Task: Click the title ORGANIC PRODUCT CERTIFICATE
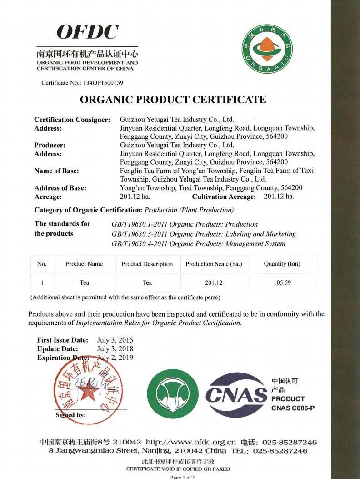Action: pos(173,100)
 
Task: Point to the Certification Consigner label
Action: pos(72,120)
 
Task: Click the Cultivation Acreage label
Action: pos(224,197)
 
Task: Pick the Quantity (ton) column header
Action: pos(282,264)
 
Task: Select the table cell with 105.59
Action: pos(282,282)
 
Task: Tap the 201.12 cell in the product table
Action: pos(214,282)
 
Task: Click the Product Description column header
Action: pos(147,264)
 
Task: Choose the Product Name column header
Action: pos(84,264)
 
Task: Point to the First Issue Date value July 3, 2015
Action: pos(115,340)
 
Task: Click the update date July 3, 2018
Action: pos(115,349)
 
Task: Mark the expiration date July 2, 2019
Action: pos(116,358)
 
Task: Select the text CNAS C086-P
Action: pos(293,408)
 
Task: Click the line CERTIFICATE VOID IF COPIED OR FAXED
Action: pos(178,469)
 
